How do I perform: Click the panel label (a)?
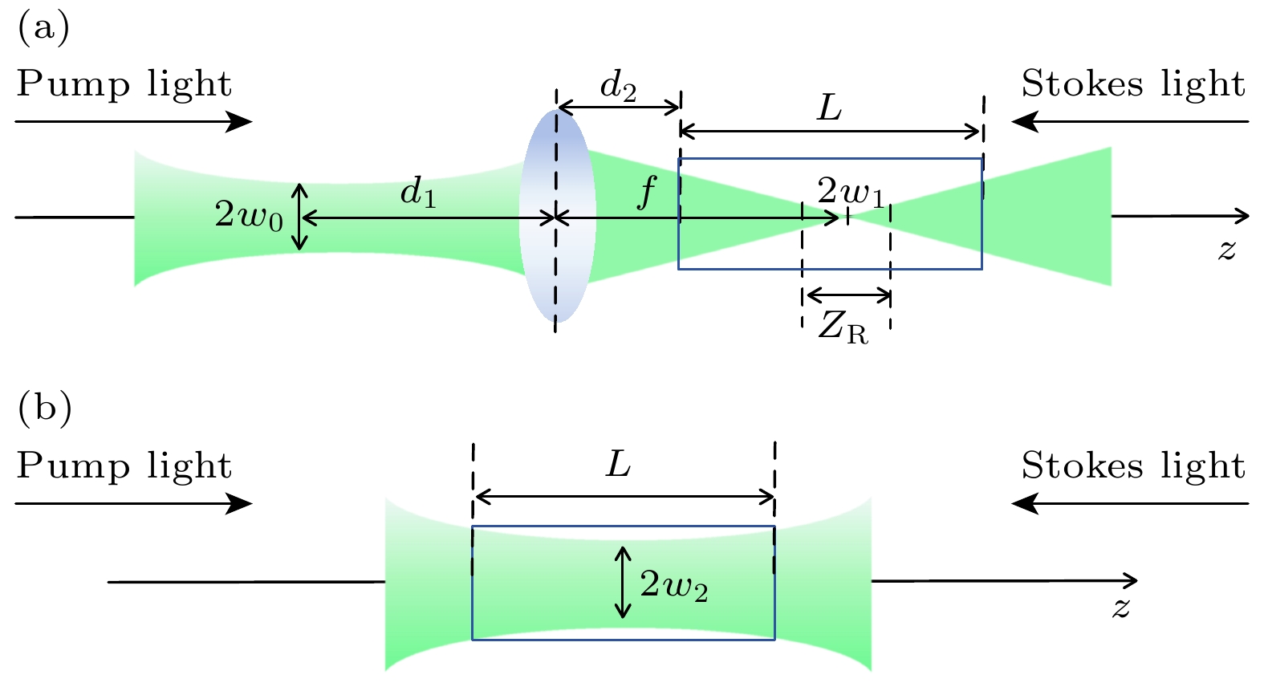tap(43, 28)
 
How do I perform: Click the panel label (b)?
tap(44, 409)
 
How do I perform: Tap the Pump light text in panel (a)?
tap(124, 84)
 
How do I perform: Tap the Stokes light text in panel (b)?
tap(1132, 466)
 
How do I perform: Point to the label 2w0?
tap(248, 215)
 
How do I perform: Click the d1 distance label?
tap(418, 193)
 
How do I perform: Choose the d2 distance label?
tap(618, 87)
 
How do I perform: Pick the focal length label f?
tap(646, 193)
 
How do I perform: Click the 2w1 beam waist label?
tap(850, 193)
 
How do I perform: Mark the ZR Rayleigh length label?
tap(843, 327)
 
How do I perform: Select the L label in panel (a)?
tap(829, 108)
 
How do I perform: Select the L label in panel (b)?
tap(618, 464)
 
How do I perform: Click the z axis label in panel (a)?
tap(1225, 249)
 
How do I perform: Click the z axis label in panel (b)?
tap(1120, 607)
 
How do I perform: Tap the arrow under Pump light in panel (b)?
tap(133, 504)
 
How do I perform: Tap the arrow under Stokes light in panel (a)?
tap(1130, 122)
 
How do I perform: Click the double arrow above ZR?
tap(847, 295)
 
